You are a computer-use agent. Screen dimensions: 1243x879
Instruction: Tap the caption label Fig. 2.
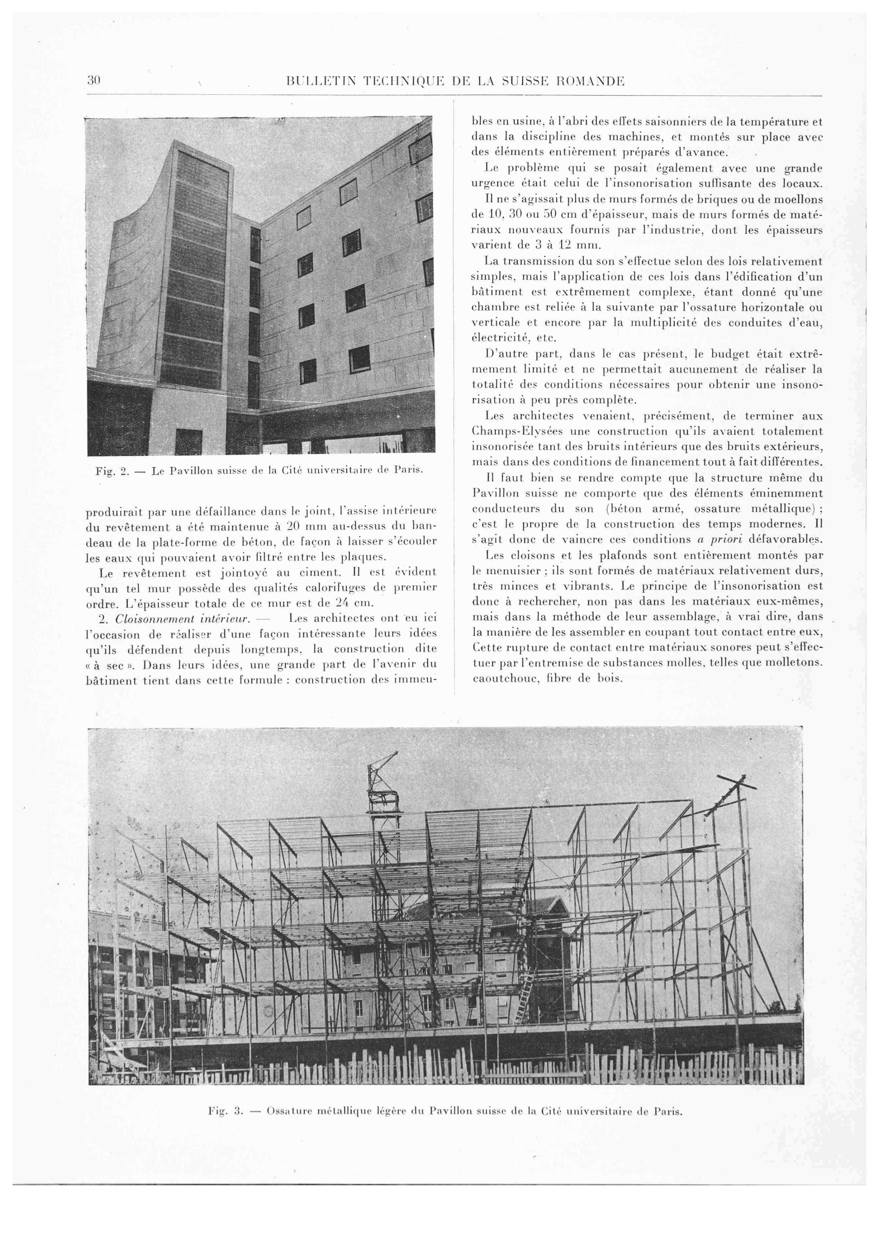click(111, 471)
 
